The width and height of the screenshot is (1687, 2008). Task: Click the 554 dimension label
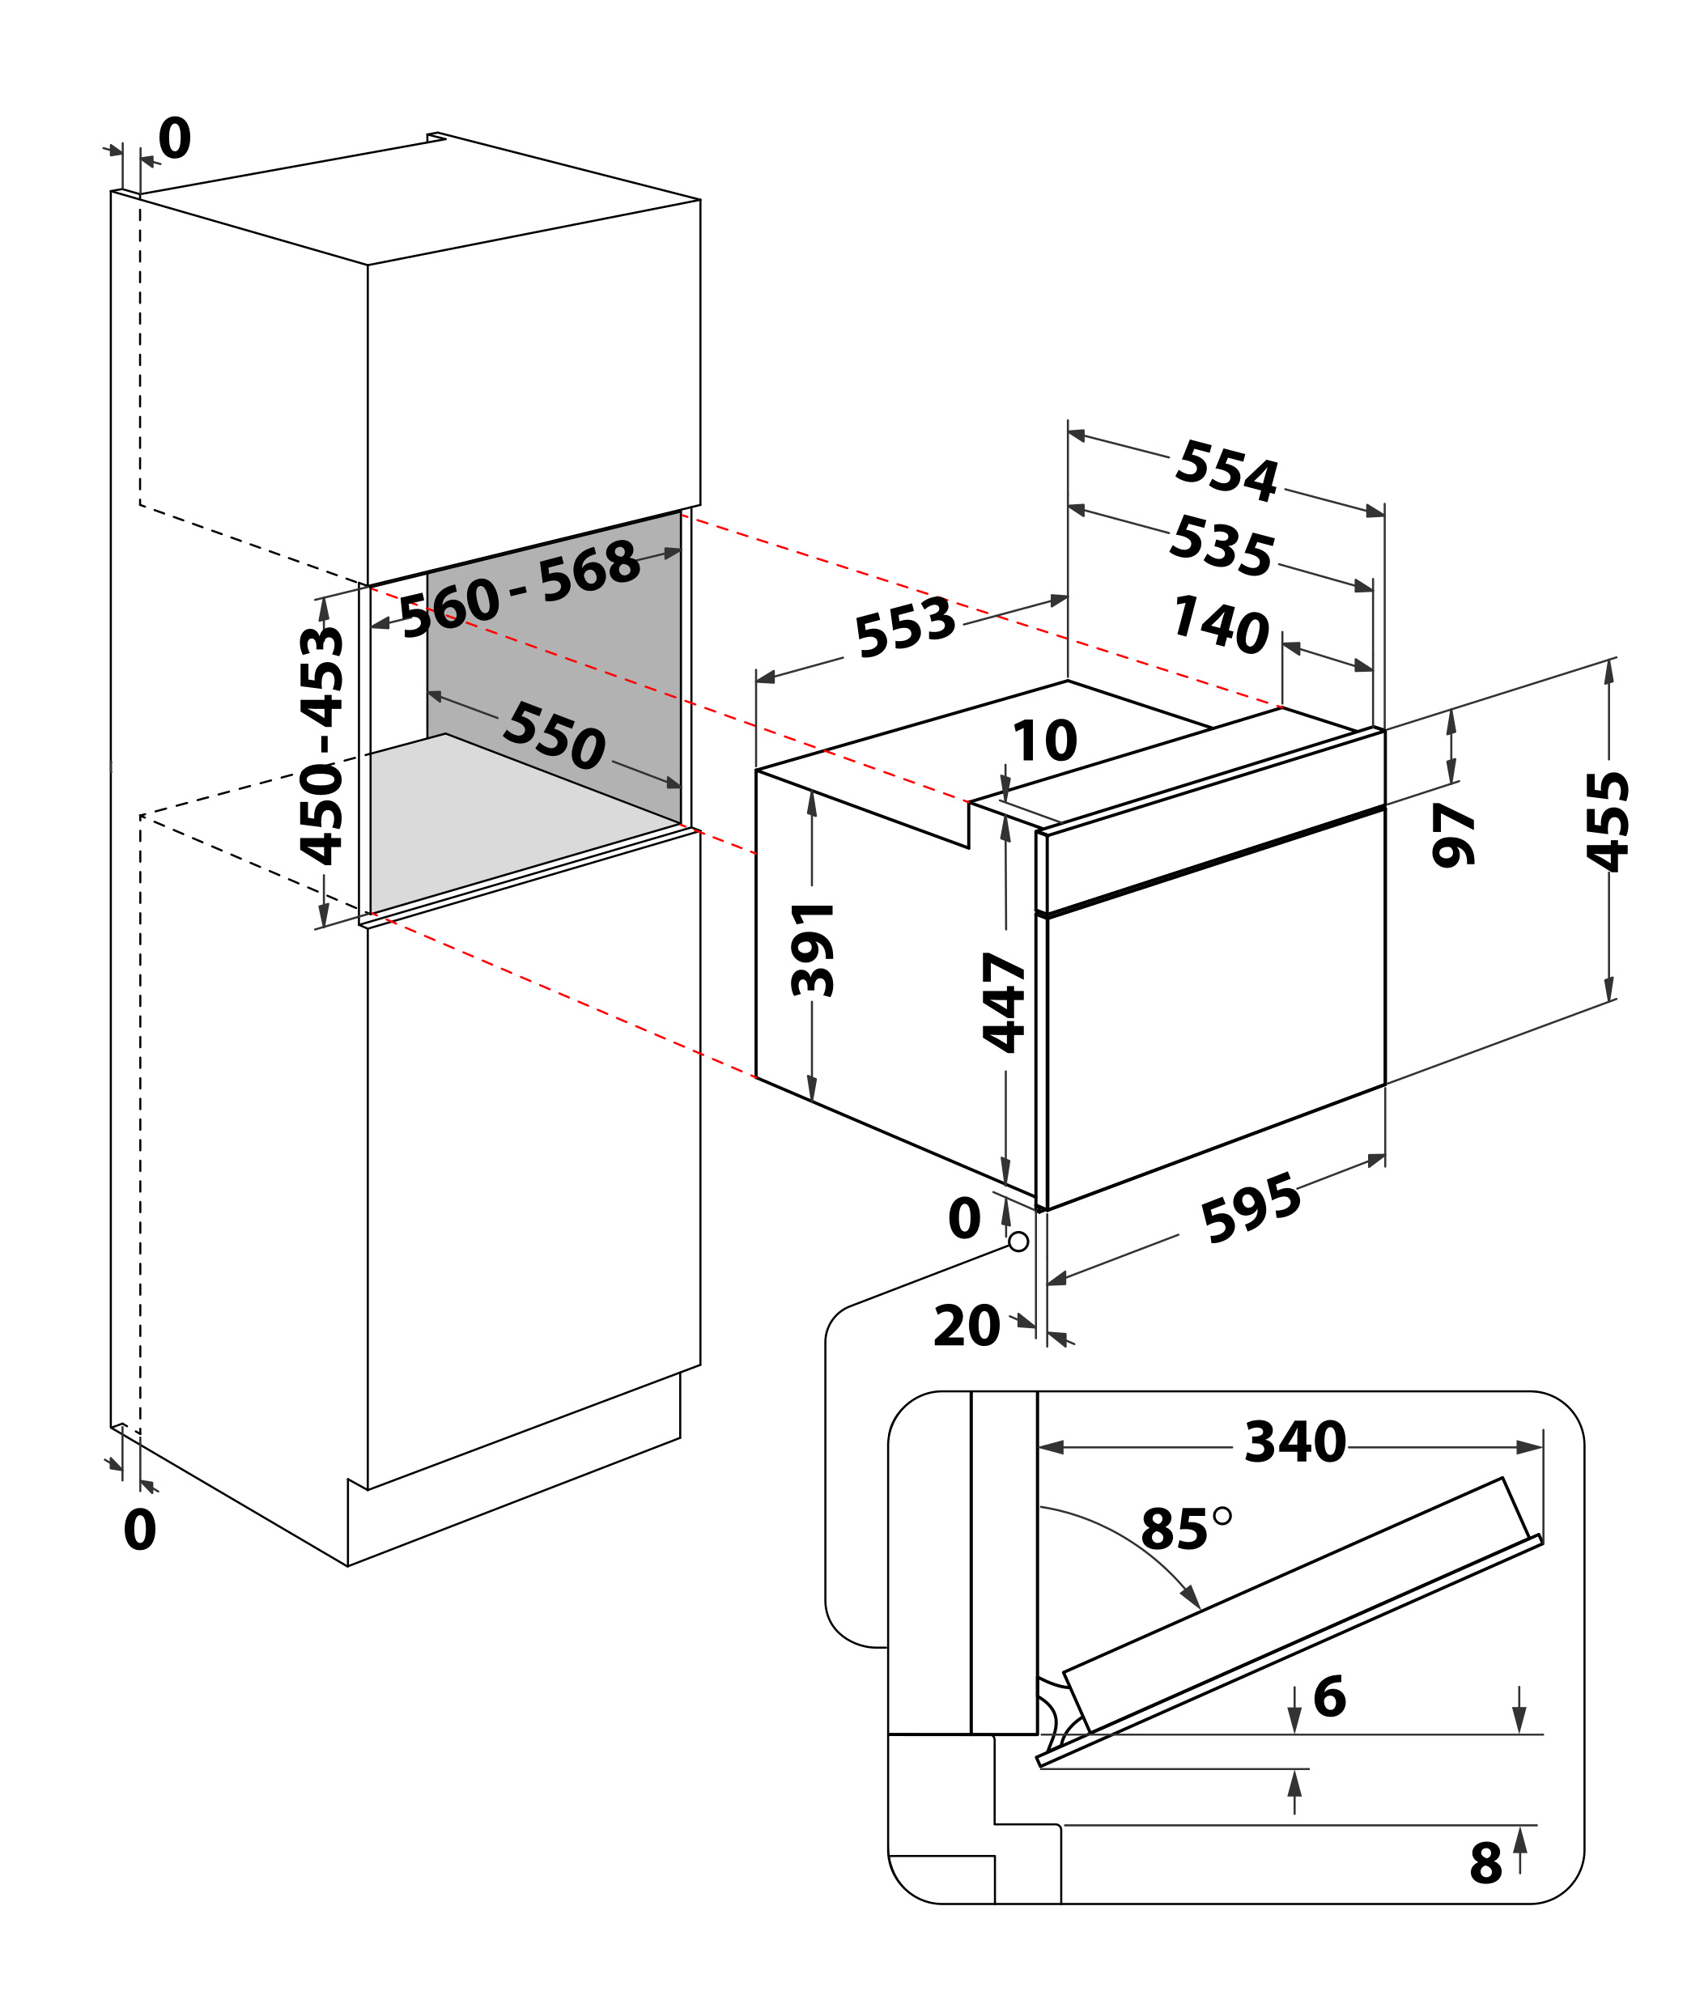1226,470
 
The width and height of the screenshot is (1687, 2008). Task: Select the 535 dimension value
1222,546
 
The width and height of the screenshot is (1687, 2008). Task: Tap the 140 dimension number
1220,624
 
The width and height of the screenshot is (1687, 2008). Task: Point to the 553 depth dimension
905,627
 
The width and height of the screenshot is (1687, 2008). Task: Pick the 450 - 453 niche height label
321,746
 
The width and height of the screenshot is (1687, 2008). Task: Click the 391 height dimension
813,949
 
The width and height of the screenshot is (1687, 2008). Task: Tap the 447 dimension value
1004,1002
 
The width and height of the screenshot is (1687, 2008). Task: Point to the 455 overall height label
1608,821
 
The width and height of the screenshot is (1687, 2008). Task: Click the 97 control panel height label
1454,834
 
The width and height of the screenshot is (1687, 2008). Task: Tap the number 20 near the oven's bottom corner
966,1327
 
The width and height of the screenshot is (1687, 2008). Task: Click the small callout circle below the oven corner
1018,1241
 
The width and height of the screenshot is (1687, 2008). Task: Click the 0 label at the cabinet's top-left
174,138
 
